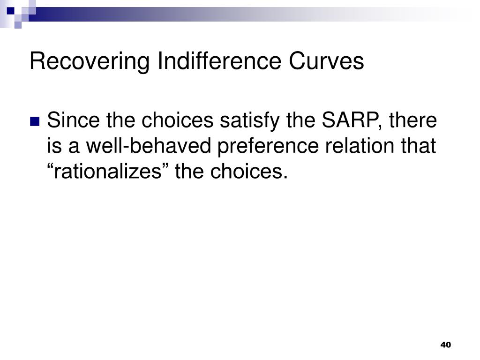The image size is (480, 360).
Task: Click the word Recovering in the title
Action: tap(90, 61)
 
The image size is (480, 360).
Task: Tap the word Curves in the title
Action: tap(326, 61)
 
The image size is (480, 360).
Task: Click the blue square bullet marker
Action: tap(35, 121)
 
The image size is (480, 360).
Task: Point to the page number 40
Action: tap(445, 345)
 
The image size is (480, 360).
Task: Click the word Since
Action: tap(73, 120)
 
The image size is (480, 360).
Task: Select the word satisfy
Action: tap(249, 120)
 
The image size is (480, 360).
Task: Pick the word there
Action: tap(413, 120)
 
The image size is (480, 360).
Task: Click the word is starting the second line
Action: tap(54, 145)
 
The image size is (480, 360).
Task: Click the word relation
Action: tap(360, 145)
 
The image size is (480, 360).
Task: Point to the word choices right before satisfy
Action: tap(177, 120)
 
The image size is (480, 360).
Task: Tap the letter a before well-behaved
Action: tap(74, 148)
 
